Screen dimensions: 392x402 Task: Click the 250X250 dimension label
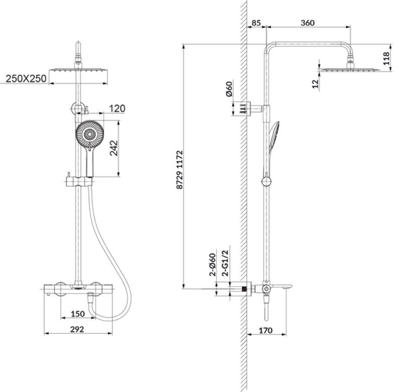pos(26,78)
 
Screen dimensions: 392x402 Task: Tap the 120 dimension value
pos(116,109)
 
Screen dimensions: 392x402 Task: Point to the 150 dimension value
pos(77,314)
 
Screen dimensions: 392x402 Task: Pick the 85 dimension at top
pos(256,23)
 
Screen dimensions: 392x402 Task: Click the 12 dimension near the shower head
pos(315,84)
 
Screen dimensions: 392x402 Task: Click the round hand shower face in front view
pos(90,134)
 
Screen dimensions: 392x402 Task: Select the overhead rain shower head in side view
pos(349,69)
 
